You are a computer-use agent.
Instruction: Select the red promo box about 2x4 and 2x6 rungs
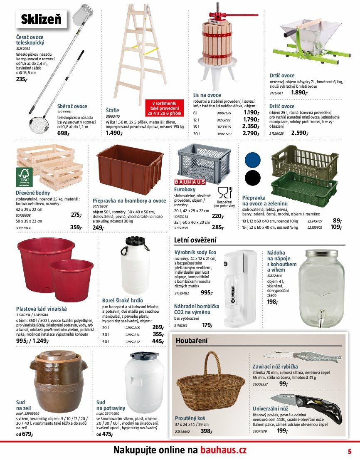coord(164,108)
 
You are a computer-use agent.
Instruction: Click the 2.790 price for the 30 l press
coord(251,134)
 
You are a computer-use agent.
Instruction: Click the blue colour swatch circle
coord(252,160)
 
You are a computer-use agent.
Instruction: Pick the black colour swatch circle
coord(252,178)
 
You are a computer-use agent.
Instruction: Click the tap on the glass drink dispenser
coord(321,317)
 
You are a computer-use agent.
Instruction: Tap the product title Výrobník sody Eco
coord(195,252)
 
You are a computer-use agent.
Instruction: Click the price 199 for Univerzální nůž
coord(282,430)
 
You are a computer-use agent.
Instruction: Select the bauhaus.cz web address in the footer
coord(224,450)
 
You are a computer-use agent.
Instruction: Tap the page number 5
coord(350,450)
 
